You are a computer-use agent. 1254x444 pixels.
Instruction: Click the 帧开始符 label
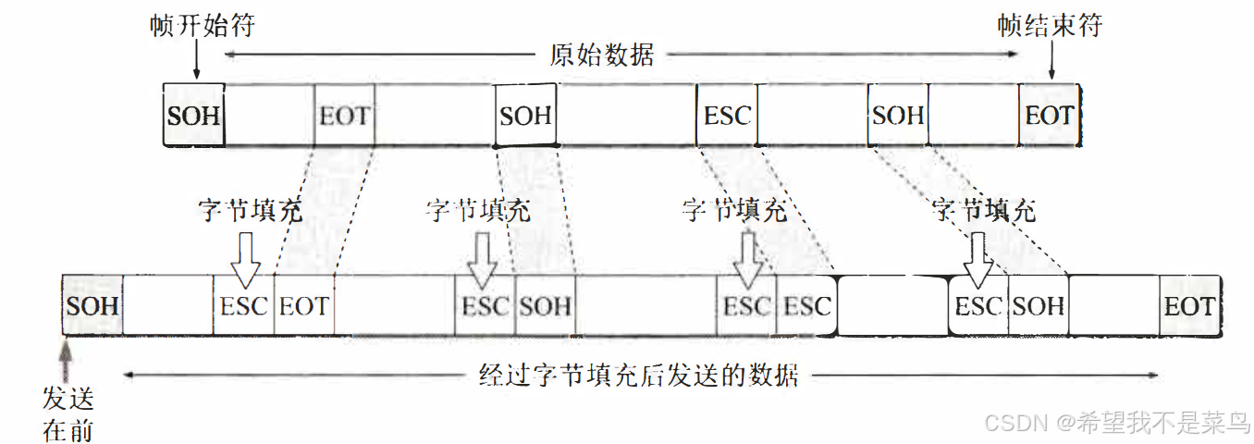point(202,25)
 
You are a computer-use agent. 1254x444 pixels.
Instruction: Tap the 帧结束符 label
point(1051,25)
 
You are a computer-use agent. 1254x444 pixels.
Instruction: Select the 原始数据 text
point(602,55)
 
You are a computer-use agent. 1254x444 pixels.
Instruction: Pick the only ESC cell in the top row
point(727,116)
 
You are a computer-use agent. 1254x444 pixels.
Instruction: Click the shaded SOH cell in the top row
point(193,116)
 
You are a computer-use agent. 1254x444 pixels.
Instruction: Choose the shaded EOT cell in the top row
point(1049,116)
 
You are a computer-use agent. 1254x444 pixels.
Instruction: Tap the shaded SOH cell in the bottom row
point(92,305)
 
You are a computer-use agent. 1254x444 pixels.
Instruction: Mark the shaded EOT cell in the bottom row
point(1188,306)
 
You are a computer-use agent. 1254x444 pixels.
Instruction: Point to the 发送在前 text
point(68,413)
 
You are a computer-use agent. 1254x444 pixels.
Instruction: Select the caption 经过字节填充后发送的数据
point(638,376)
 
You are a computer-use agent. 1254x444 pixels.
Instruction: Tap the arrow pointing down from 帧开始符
point(196,63)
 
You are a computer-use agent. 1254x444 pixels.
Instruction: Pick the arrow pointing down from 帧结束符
point(1051,63)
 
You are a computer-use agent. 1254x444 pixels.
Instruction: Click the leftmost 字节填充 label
point(250,211)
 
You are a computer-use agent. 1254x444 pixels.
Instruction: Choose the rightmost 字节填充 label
point(984,211)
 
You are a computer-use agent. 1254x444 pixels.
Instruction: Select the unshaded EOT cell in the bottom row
point(304,306)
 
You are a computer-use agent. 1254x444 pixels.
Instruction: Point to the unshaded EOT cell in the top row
point(344,116)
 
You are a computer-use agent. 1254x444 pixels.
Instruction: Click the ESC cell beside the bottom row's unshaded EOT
point(244,306)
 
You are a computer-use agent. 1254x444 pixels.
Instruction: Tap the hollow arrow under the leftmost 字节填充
point(245,260)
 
